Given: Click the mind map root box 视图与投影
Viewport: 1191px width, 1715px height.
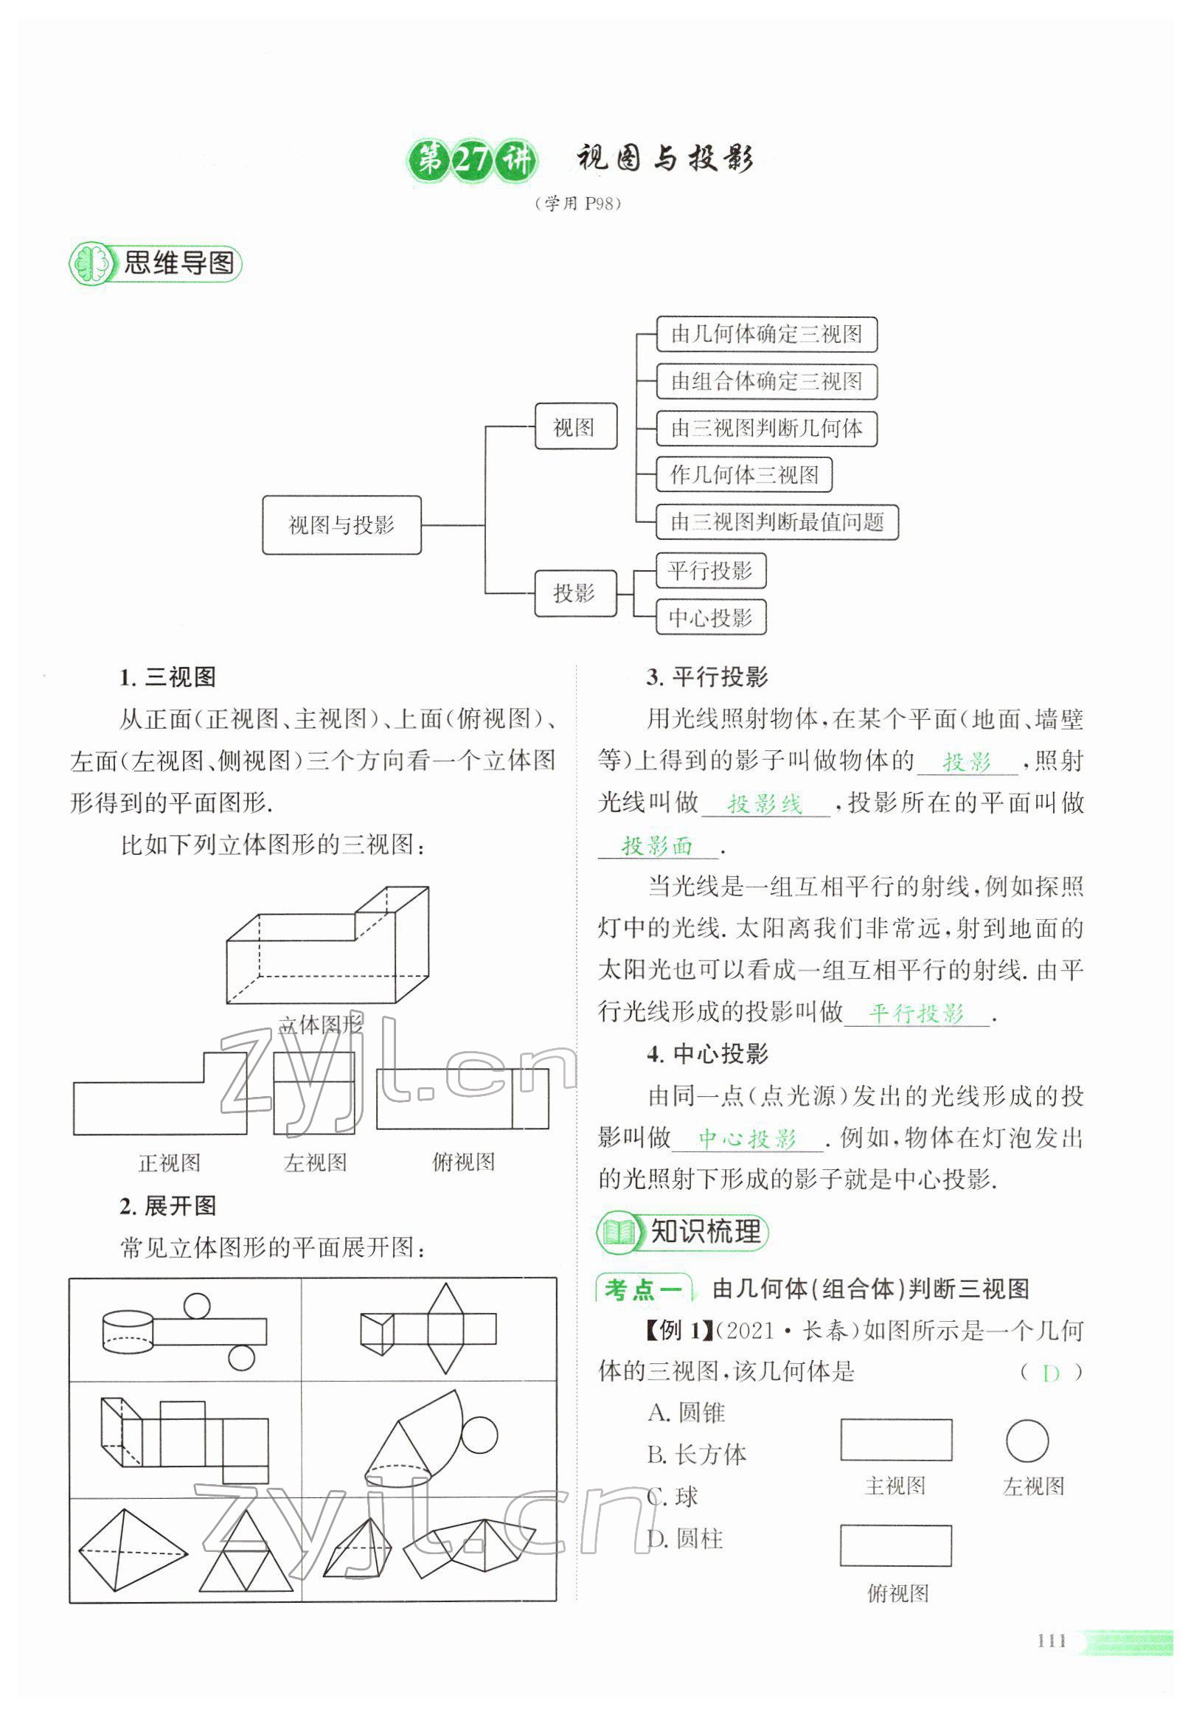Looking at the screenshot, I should (x=341, y=525).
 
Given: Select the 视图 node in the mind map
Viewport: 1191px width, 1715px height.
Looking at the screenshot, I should (x=575, y=427).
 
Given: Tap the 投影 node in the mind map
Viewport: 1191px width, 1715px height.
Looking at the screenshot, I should (x=575, y=593).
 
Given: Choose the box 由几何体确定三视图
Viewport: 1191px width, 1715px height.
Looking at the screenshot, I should (x=765, y=334).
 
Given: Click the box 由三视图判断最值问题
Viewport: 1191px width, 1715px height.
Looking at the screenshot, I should (x=776, y=522).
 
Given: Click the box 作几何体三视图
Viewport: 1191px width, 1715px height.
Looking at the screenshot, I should (x=743, y=474).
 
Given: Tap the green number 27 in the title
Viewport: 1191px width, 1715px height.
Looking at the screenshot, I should (x=473, y=160).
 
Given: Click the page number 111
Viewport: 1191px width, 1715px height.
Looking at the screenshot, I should (x=1052, y=1640).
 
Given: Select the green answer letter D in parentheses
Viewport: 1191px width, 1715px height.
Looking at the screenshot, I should (x=1051, y=1373).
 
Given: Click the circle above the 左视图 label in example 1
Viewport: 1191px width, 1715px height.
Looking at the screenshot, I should (x=1027, y=1441).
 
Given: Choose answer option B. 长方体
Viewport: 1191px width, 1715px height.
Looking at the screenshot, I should (x=697, y=1455).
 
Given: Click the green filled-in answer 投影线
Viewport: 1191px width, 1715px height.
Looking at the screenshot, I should (x=765, y=805).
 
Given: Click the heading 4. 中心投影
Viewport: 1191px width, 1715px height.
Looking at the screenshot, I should (x=707, y=1055).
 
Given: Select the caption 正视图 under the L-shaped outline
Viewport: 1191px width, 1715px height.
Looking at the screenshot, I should (x=170, y=1162).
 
